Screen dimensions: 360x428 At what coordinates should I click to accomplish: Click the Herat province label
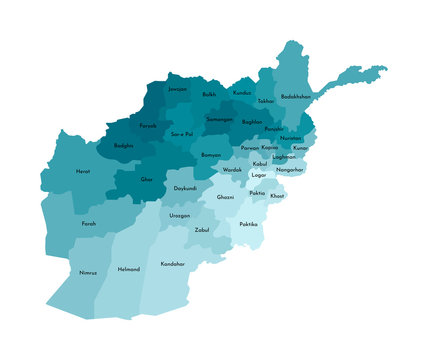tap(83, 171)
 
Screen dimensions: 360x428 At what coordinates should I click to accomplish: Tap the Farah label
tap(89, 223)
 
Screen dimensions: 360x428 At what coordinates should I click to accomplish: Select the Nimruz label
tap(88, 272)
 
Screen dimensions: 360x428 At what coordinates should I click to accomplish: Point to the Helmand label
tap(129, 268)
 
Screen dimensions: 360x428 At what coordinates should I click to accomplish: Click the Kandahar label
tap(173, 263)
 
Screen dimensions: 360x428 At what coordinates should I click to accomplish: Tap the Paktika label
tap(248, 224)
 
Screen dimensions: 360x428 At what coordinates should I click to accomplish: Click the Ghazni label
tap(226, 197)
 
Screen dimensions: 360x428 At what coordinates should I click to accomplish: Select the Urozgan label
tap(179, 215)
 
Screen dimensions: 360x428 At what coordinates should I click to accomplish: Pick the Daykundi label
tap(185, 188)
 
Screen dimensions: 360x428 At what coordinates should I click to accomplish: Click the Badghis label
tap(124, 145)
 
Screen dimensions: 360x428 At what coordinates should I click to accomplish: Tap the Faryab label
tap(148, 125)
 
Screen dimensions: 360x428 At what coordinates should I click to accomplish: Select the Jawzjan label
tap(178, 90)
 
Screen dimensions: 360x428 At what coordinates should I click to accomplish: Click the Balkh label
tap(209, 95)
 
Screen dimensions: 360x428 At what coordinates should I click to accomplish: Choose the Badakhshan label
tap(297, 96)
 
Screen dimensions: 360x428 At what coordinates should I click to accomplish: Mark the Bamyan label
tap(211, 155)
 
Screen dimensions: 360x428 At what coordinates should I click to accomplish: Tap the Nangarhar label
tap(290, 170)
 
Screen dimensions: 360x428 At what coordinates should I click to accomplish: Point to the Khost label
tap(277, 196)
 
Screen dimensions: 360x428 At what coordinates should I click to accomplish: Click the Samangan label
tap(220, 119)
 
